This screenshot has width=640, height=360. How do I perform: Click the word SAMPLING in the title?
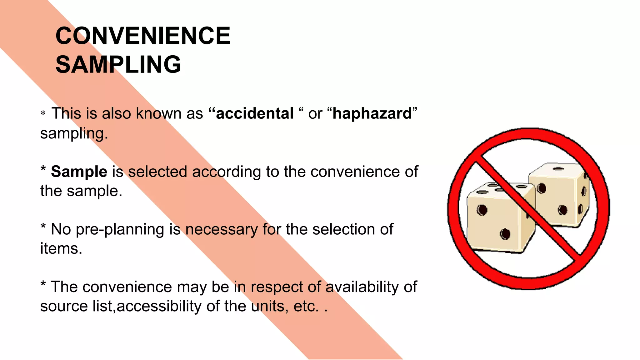coord(118,64)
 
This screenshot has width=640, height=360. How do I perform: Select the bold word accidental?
coord(255,113)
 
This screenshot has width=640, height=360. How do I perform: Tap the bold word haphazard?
coord(372,113)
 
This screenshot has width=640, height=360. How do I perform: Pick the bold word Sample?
coord(79,172)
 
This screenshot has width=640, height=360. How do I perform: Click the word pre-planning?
coord(120,230)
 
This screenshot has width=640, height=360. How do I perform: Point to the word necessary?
coord(222,230)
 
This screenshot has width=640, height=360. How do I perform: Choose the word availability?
coord(362,287)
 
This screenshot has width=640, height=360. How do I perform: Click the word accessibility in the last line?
coord(159,306)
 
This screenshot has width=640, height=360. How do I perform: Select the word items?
coord(61,249)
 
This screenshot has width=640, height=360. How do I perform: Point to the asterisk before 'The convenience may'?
coord(43,284)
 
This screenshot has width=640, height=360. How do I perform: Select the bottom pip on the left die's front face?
coord(505,234)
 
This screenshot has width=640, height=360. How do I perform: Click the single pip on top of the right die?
coord(558,169)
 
